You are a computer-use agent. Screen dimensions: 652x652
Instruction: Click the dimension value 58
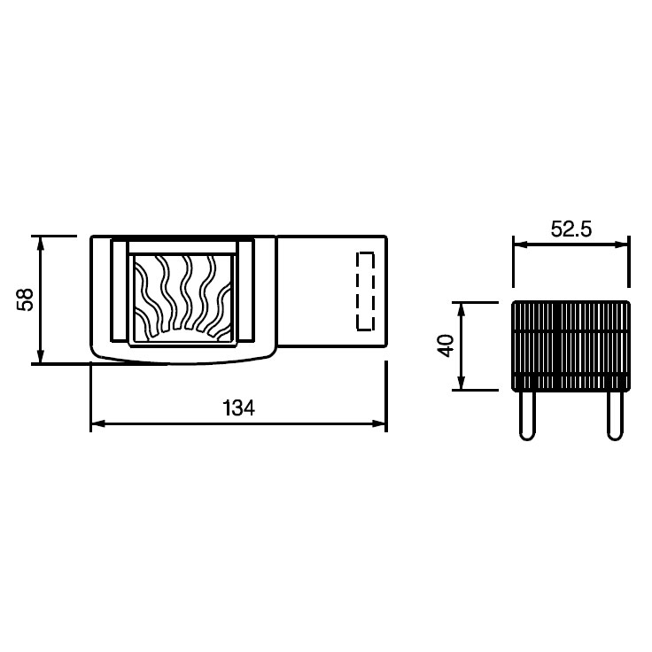(25, 299)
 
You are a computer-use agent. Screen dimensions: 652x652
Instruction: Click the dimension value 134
(238, 407)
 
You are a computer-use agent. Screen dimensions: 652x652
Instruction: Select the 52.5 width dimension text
(570, 229)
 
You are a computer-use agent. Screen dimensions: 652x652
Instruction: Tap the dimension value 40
(446, 345)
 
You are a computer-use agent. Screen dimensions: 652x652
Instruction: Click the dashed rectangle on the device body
(366, 291)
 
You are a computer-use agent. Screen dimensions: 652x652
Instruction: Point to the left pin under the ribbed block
(527, 415)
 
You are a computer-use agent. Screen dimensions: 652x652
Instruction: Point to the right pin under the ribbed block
(615, 415)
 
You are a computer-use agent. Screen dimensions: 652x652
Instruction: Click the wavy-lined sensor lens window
(182, 299)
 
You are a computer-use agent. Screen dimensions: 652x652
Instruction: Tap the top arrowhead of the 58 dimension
(41, 244)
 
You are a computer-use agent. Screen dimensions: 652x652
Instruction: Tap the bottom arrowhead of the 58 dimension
(41, 356)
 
